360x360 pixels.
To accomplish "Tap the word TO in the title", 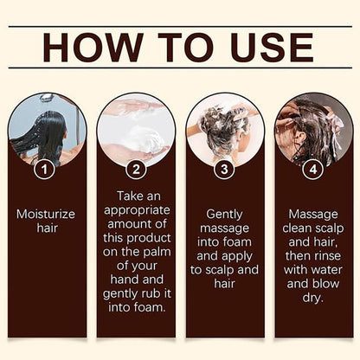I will point(178,48).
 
